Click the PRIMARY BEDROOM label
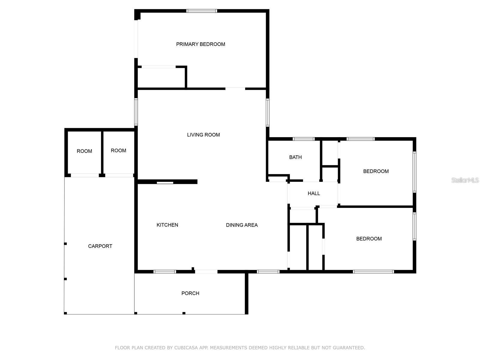click(x=200, y=44)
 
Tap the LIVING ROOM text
click(x=203, y=135)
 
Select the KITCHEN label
click(x=167, y=225)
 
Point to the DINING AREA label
click(x=242, y=225)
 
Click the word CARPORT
click(x=100, y=246)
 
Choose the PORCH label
click(x=190, y=293)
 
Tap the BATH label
click(x=295, y=157)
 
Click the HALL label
click(x=314, y=193)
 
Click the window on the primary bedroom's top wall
click(x=202, y=11)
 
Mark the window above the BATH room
click(x=303, y=139)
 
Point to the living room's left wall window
click(x=136, y=112)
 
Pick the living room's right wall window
click(x=268, y=113)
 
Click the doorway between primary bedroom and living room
click(x=235, y=88)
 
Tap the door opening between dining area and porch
click(x=206, y=272)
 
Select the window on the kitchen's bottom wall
click(x=165, y=272)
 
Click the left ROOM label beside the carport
click(x=84, y=151)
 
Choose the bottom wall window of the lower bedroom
click(x=373, y=272)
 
